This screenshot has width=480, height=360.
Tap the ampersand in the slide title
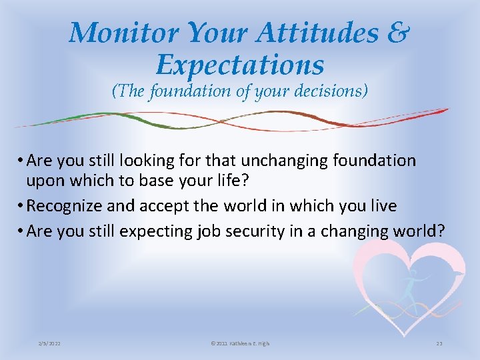(x=397, y=33)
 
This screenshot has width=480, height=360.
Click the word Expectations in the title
(x=240, y=65)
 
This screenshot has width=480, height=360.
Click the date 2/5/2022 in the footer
(x=50, y=343)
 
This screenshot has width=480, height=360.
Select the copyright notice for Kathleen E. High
(x=239, y=343)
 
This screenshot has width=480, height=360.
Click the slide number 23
(x=439, y=343)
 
